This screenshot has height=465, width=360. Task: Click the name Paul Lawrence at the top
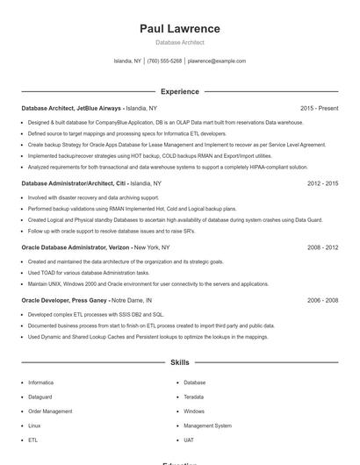click(180, 29)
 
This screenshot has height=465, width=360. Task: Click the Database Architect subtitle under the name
click(180, 42)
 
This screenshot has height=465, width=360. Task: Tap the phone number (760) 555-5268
click(164, 61)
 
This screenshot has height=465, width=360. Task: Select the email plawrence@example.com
click(217, 61)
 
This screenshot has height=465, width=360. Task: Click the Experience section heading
click(180, 91)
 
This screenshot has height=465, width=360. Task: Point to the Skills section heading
click(180, 362)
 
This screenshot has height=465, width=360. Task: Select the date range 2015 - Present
click(319, 109)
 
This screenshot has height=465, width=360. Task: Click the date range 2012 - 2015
click(322, 184)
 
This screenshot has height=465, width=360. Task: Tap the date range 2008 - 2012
click(322, 248)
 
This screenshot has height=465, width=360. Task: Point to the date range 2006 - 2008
click(322, 300)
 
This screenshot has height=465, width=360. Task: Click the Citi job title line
click(91, 184)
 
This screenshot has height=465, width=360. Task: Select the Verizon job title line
click(96, 248)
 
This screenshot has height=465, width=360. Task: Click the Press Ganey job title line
click(92, 300)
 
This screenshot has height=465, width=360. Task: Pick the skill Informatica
click(40, 383)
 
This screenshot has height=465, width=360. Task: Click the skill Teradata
click(195, 397)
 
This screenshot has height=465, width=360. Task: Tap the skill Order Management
click(50, 411)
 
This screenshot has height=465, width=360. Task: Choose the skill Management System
click(207, 426)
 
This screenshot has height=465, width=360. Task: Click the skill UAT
click(189, 440)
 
